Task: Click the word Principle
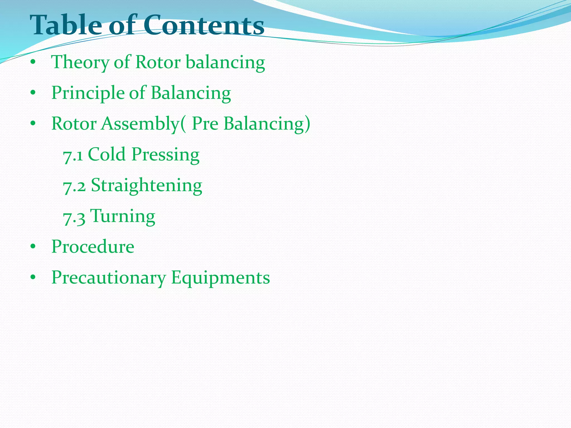[x=88, y=93]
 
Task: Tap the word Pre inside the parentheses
[x=205, y=123]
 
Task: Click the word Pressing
[x=166, y=155]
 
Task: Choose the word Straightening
[x=147, y=186]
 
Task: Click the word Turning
[x=123, y=217]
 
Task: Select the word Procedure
[x=93, y=247]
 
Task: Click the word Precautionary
[x=109, y=278]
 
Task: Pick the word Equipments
[x=221, y=278]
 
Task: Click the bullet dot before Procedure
[x=33, y=247]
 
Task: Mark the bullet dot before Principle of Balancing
[x=33, y=93]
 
